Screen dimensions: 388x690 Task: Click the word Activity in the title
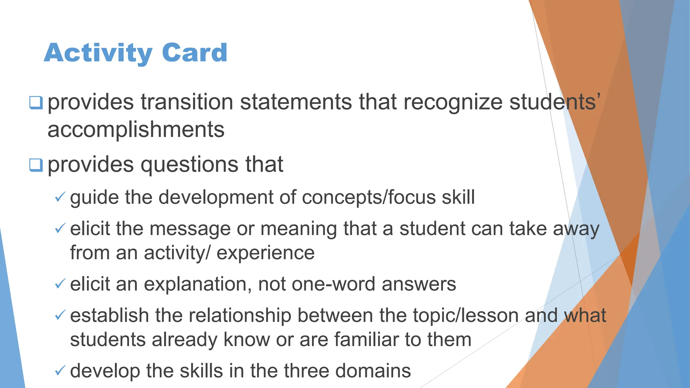[x=98, y=53]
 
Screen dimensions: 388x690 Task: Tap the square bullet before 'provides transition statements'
[x=36, y=102]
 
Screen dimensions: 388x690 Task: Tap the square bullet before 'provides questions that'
[x=36, y=165]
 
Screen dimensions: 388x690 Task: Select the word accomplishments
[x=136, y=130]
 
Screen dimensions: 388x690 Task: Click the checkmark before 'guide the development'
[x=60, y=197]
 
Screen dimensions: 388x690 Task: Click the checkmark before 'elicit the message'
[x=60, y=229]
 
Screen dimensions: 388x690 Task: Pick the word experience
[x=265, y=253]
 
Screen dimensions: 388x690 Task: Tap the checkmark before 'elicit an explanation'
[x=60, y=284]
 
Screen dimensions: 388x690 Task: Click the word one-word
[x=333, y=284]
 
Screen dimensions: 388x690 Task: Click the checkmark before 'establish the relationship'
[x=60, y=316]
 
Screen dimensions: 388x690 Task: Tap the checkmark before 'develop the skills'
[x=60, y=371]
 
